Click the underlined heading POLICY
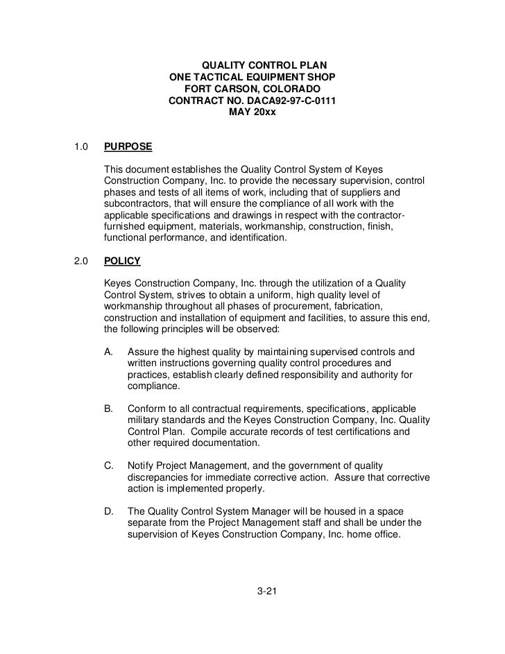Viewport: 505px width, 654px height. tap(122, 261)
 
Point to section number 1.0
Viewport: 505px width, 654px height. tap(80, 147)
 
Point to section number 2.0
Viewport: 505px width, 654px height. tap(80, 261)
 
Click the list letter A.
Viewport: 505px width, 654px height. tap(108, 352)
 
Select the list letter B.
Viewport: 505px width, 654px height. tap(108, 408)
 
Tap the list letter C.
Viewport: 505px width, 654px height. tap(108, 465)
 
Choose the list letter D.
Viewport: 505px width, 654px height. tap(108, 511)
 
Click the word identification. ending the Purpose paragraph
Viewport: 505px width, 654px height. tap(251, 238)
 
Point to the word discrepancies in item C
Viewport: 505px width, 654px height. tap(160, 477)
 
